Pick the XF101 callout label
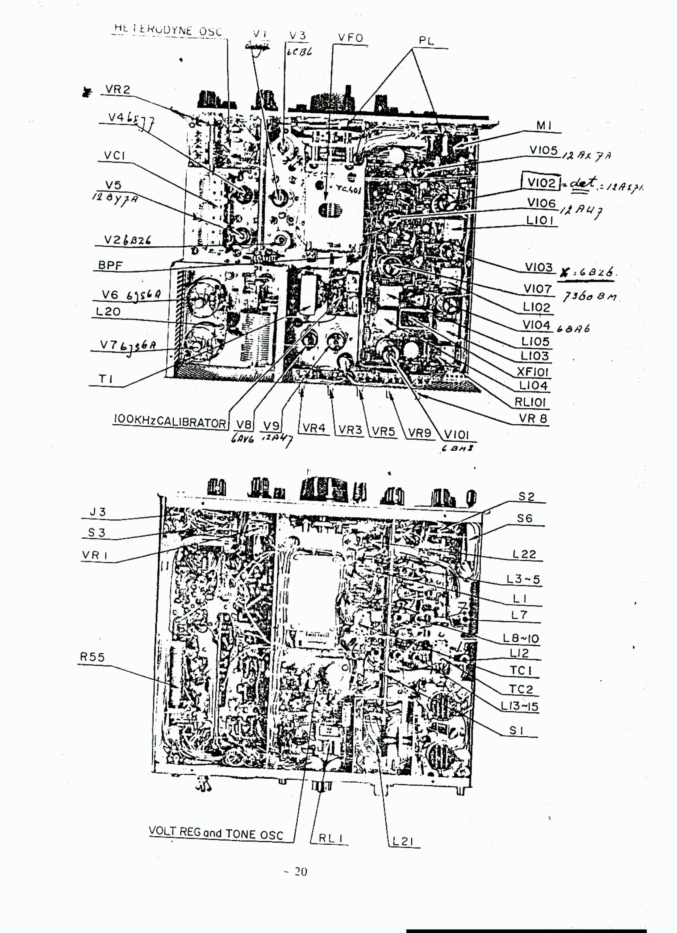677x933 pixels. click(532, 371)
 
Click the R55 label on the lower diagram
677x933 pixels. click(93, 657)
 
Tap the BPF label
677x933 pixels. click(110, 265)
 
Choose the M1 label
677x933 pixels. click(544, 125)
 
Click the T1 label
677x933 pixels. click(105, 379)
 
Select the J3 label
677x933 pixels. click(98, 512)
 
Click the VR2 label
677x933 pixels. click(118, 89)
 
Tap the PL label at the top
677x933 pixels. click(426, 41)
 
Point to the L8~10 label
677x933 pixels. click(520, 638)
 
